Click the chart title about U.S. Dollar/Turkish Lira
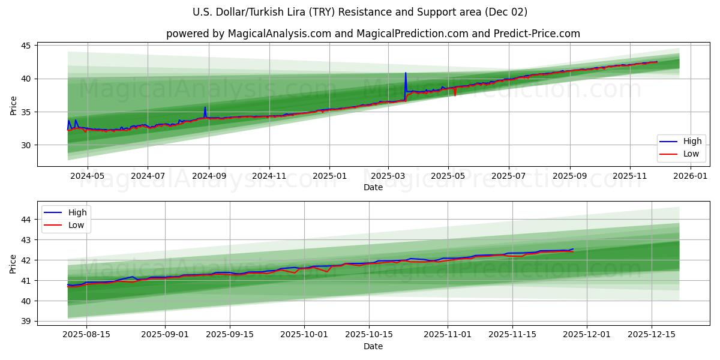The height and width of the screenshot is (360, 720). (x=360, y=12)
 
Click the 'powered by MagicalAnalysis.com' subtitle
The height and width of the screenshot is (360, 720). (x=373, y=34)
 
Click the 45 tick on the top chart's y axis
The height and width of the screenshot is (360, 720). (x=27, y=46)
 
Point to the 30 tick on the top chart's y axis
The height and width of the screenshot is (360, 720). (x=27, y=145)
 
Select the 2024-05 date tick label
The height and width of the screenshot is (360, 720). (x=87, y=176)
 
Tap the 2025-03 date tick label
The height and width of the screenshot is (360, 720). (x=388, y=176)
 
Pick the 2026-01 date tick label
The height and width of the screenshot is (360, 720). (x=691, y=176)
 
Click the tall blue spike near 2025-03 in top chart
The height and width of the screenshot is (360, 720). (x=406, y=74)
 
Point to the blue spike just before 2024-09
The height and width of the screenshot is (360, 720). (x=205, y=108)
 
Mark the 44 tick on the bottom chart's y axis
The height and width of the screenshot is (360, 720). (x=27, y=220)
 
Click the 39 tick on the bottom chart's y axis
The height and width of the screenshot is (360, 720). (x=27, y=321)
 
